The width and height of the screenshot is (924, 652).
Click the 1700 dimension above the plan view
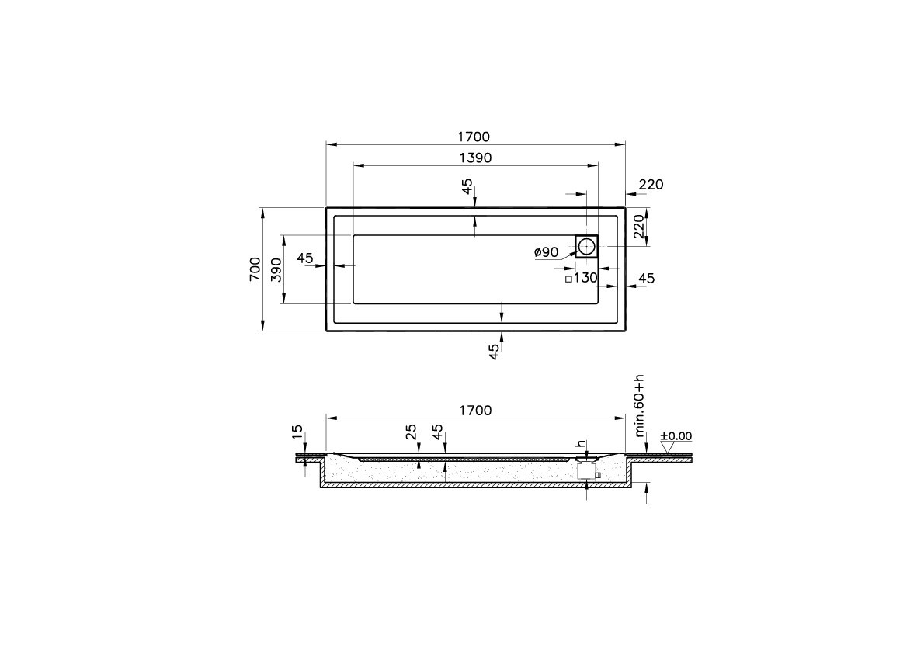click(x=474, y=137)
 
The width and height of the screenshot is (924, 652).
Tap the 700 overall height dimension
click(x=255, y=269)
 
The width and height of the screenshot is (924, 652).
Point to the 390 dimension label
click(x=276, y=269)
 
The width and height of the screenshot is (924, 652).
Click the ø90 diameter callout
click(x=547, y=251)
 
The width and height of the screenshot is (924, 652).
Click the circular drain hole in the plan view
click(x=586, y=246)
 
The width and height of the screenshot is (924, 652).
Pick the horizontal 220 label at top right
click(x=651, y=185)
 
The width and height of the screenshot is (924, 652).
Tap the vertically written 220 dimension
click(x=638, y=227)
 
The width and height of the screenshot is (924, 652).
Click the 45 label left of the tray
click(x=304, y=258)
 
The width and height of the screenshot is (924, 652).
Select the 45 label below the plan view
click(x=495, y=351)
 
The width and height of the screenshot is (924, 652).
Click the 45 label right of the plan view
click(x=646, y=278)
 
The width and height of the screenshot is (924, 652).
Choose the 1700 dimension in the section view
click(x=475, y=411)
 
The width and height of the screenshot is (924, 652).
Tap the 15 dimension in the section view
click(x=297, y=431)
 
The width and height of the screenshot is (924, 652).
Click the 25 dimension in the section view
click(x=412, y=431)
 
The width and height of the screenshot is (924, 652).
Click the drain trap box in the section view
click(x=585, y=470)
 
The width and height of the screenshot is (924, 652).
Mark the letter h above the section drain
click(x=579, y=444)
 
